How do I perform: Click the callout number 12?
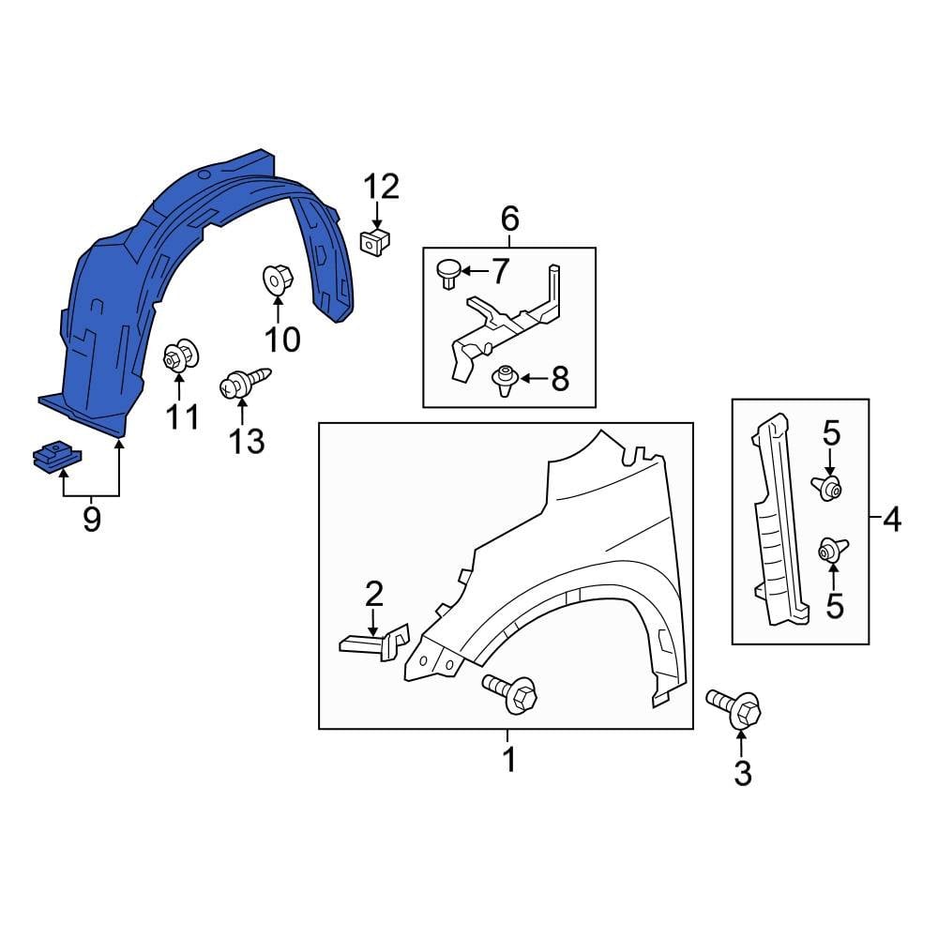382,187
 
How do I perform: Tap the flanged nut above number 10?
278,278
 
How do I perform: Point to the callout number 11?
183,416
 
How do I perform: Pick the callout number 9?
91,519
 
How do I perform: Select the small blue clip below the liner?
57,458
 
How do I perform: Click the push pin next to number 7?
446,273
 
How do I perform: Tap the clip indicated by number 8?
506,379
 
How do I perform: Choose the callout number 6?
509,219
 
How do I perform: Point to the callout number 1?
508,760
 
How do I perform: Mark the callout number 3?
742,774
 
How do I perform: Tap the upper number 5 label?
831,433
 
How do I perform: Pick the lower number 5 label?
834,606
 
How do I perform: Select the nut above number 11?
178,356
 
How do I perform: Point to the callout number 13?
248,440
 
